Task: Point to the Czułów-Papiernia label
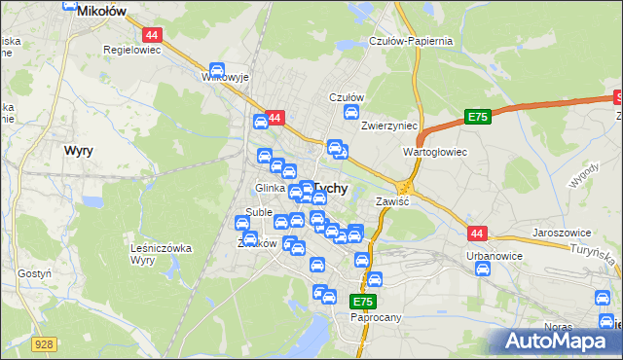411,41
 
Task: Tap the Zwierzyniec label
388,126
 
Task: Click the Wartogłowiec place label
435,153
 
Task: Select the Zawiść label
392,201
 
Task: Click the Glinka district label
270,188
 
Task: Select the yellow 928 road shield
42,343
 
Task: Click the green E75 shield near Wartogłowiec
477,117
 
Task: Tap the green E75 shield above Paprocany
362,303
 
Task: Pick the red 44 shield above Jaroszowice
477,234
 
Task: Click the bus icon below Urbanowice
482,270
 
